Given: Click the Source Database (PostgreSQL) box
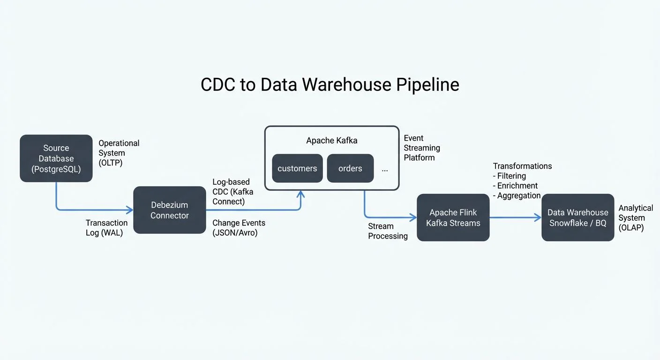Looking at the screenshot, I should point(56,158).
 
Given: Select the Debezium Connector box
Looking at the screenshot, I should point(170,210).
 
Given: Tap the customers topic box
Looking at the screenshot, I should point(297,168).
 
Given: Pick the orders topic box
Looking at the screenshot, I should point(350,168).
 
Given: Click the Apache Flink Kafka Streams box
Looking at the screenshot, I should point(453,218).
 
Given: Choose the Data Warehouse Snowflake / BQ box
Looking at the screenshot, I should point(577,218).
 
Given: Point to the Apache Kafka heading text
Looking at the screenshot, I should point(331,141).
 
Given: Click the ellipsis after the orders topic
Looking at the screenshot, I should point(385,170).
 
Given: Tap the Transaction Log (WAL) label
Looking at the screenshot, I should point(106,228).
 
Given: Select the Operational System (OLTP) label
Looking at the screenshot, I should point(119,153).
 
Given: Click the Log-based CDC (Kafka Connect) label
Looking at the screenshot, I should point(231,192).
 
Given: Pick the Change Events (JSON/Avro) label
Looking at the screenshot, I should point(239,228).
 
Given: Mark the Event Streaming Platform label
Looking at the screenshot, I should point(421,148).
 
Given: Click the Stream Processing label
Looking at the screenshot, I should point(388,231).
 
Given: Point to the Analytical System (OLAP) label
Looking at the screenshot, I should point(635,218).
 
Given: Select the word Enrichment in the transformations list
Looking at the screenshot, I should point(517,186).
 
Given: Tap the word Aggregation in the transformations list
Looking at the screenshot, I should point(519,196).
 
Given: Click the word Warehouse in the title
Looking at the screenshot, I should point(346,85).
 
